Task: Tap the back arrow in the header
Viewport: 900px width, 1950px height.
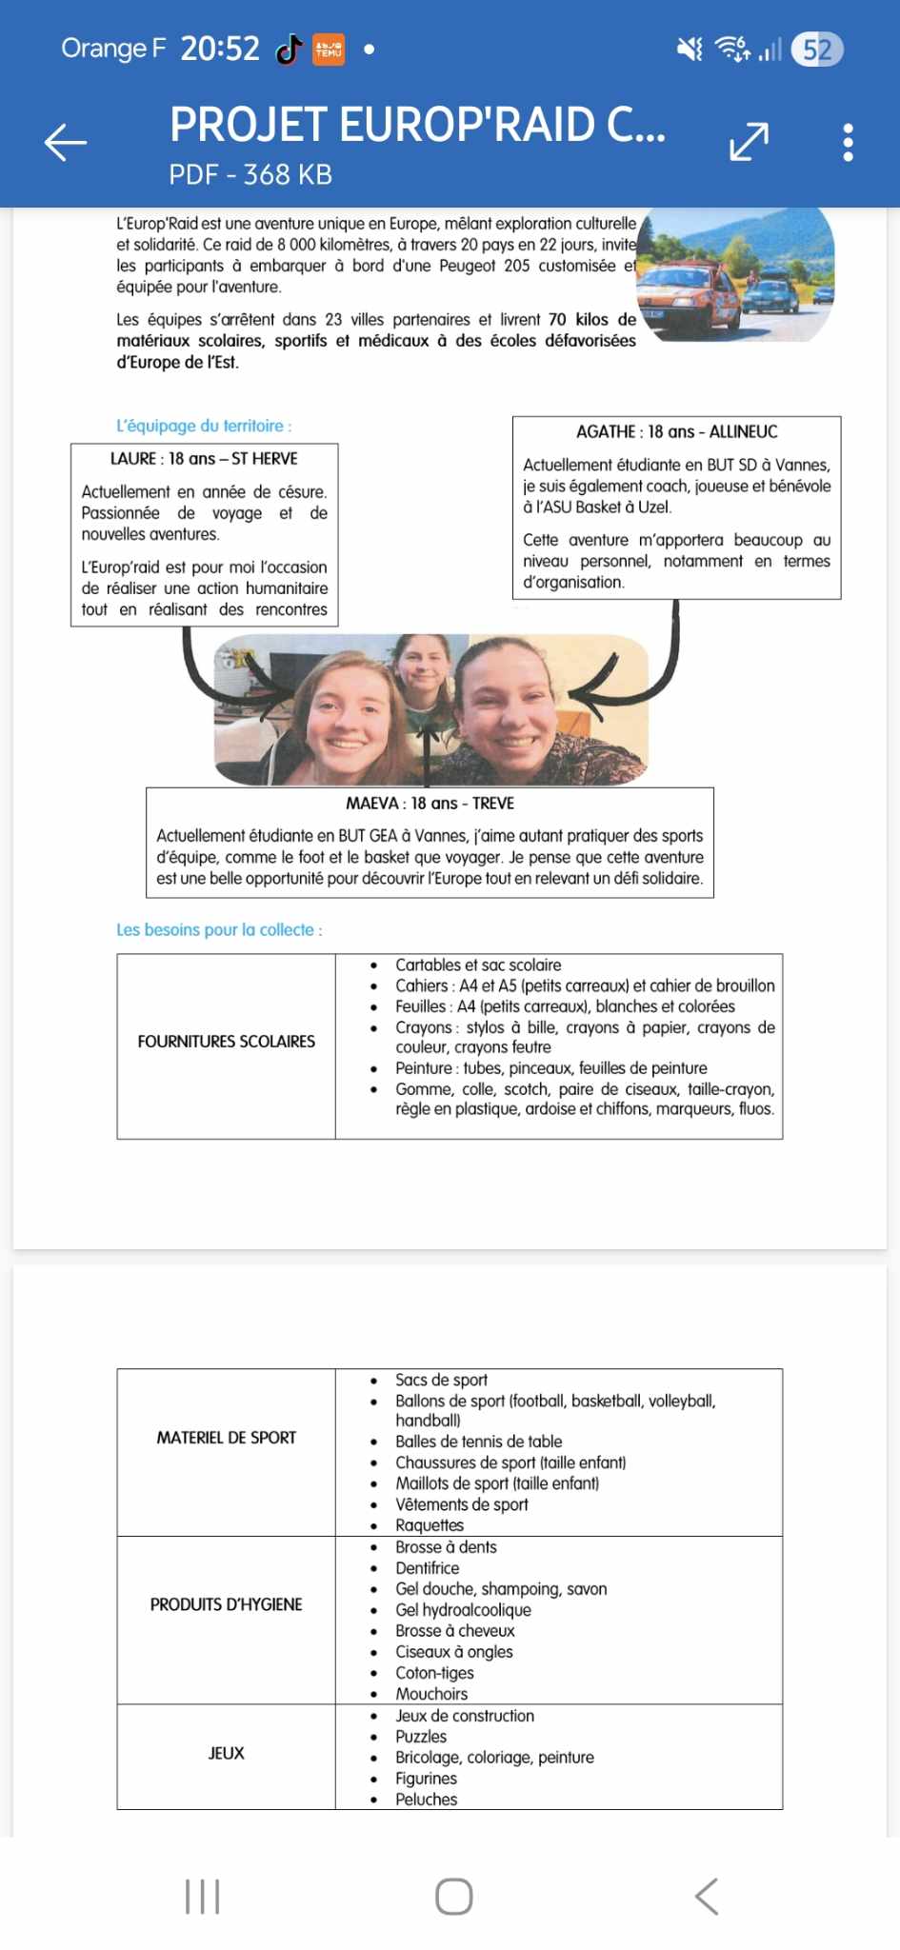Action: tap(66, 143)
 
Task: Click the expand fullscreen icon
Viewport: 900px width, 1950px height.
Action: tap(749, 142)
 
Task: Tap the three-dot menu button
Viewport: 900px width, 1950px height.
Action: tap(848, 143)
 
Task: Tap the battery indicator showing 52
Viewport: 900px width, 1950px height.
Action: tap(817, 50)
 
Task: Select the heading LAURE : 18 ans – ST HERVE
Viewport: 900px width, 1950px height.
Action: tap(204, 459)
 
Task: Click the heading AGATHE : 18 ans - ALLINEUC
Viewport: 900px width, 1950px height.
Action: tap(676, 432)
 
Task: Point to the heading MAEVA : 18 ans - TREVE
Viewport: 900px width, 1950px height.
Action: tap(430, 804)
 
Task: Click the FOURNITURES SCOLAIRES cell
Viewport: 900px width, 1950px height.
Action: tap(226, 1042)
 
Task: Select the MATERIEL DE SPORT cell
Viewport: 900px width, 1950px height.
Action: tap(226, 1438)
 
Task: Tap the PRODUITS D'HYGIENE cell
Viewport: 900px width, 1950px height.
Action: tap(226, 1604)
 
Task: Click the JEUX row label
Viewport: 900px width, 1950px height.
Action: tap(226, 1753)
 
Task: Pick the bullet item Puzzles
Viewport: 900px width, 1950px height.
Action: tap(421, 1737)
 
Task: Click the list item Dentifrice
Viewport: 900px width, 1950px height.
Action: tap(428, 1568)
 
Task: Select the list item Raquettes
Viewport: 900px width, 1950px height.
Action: tap(430, 1525)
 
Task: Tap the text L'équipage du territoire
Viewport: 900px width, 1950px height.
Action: tap(204, 427)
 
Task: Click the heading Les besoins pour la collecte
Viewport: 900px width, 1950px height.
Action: tap(219, 930)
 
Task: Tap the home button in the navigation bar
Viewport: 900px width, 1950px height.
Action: tap(453, 1896)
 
